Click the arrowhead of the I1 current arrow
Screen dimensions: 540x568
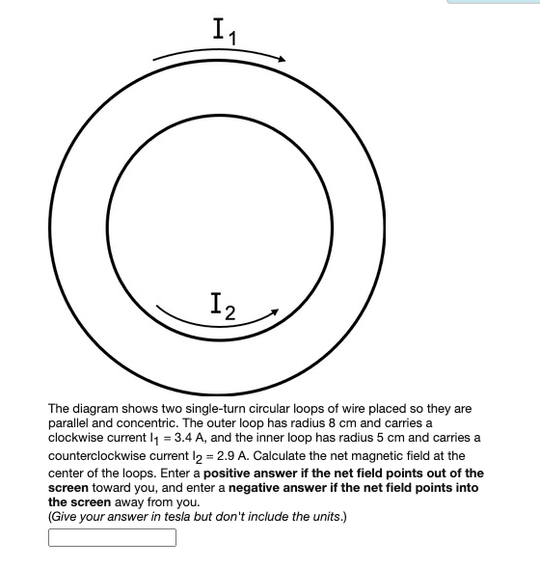pyautogui.click(x=282, y=60)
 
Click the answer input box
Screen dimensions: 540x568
pyautogui.click(x=112, y=538)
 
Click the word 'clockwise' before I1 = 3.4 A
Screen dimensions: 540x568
pyautogui.click(x=77, y=438)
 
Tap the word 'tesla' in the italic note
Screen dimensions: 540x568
pyautogui.click(x=163, y=516)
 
